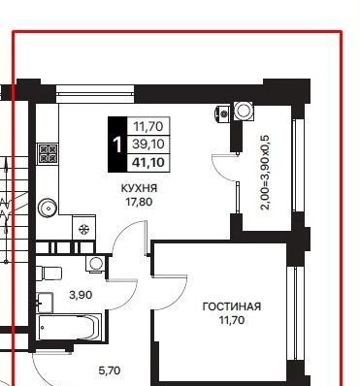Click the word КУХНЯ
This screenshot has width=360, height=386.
click(139, 188)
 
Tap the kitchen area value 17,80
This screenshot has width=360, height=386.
click(140, 202)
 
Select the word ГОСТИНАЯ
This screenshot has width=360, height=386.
click(232, 306)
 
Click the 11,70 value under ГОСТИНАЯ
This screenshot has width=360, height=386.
click(232, 320)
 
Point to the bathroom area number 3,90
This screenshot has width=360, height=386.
click(81, 295)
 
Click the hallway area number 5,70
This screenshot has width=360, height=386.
click(110, 370)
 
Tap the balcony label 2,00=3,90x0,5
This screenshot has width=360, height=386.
click(265, 173)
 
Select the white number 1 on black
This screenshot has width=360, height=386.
click(117, 145)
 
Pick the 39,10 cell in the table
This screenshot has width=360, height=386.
click(148, 144)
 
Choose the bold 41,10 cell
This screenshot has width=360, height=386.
click(148, 162)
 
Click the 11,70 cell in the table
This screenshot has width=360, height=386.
click(148, 126)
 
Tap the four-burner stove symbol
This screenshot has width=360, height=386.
click(48, 153)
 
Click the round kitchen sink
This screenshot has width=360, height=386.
click(48, 209)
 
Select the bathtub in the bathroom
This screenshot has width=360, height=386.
click(69, 327)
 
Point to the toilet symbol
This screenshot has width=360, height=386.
click(49, 273)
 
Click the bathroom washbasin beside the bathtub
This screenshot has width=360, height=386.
click(45, 303)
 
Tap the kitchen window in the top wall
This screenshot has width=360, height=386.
click(95, 94)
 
